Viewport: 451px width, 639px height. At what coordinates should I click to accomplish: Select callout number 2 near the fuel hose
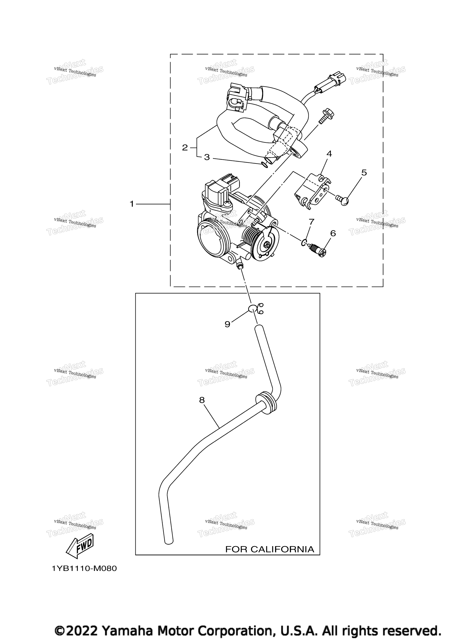click(x=185, y=148)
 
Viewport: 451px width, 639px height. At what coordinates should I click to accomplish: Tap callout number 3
click(x=207, y=157)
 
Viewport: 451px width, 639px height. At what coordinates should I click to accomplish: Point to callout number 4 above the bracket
click(x=329, y=154)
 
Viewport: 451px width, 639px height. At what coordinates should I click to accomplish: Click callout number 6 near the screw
click(x=333, y=233)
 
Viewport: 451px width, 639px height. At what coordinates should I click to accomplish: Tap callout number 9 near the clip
click(x=227, y=324)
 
